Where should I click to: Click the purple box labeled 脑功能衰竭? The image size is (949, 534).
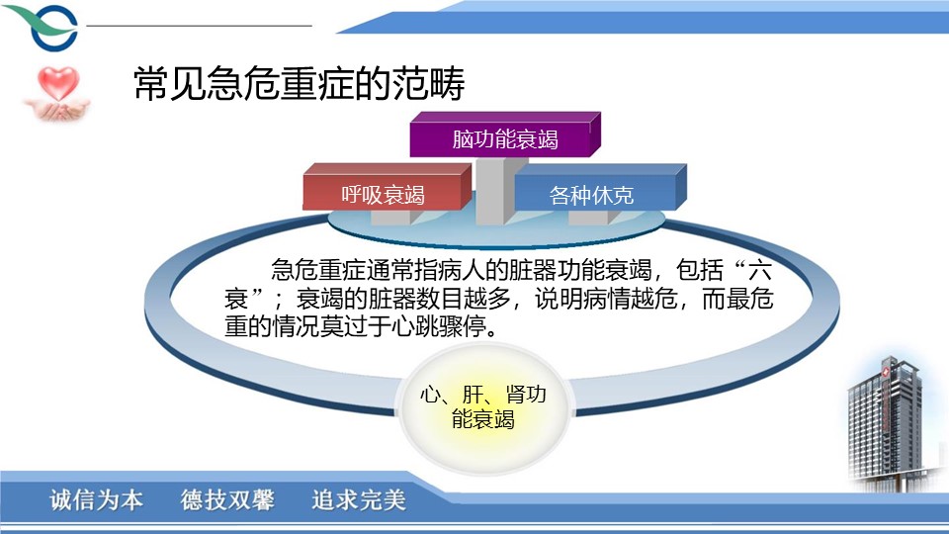[505, 134]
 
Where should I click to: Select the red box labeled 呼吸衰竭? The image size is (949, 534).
[387, 187]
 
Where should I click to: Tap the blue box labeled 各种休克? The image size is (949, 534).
[600, 188]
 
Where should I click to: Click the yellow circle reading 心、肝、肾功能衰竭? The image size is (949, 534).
[483, 406]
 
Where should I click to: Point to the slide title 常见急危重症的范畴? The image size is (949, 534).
[299, 83]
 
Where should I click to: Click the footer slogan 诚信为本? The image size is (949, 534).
[97, 500]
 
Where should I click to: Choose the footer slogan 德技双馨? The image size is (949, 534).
[227, 500]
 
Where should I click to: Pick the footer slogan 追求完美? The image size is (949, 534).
[358, 500]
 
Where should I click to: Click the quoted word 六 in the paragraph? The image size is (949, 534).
[759, 270]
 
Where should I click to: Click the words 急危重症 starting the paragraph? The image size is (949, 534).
[317, 270]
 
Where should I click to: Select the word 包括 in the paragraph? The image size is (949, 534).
[699, 270]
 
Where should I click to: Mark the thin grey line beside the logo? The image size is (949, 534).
[200, 26]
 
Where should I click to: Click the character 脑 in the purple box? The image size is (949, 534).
[463, 139]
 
